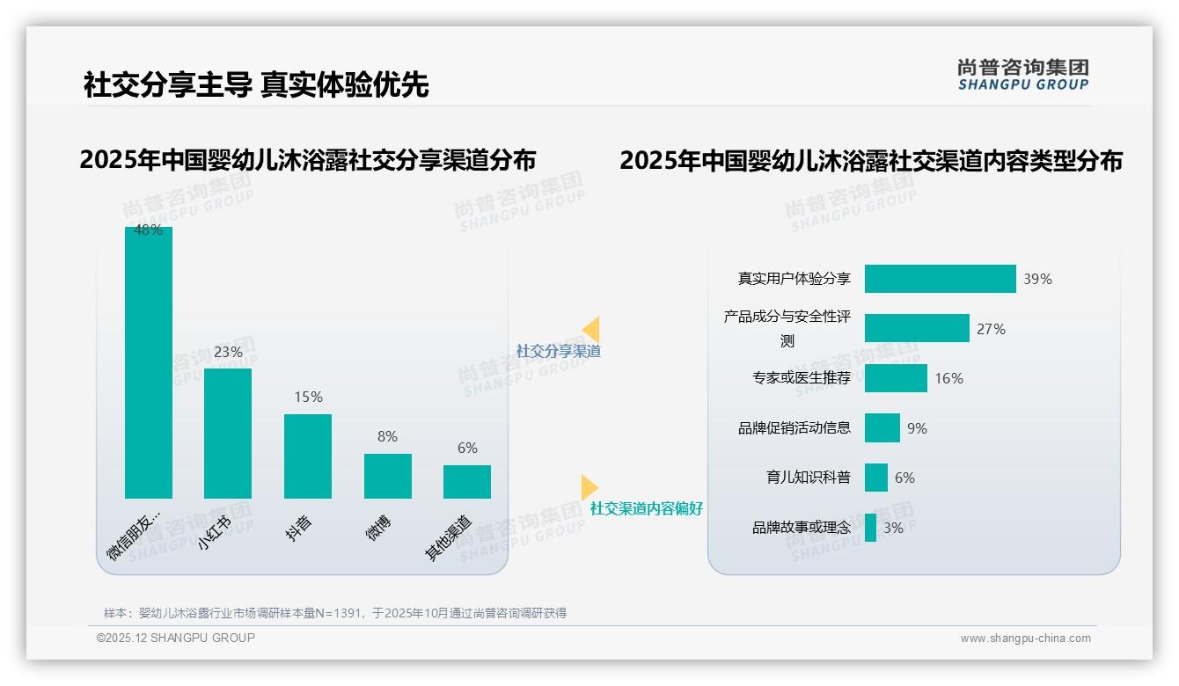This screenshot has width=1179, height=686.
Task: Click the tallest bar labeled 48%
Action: (x=149, y=362)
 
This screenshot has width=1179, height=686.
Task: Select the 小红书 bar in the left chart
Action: (x=228, y=434)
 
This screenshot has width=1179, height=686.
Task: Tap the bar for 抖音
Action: (x=308, y=456)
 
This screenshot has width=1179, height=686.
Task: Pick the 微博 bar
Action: (x=388, y=476)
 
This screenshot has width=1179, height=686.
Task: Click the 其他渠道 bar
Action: (x=467, y=482)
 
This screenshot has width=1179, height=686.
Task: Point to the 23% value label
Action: (x=228, y=352)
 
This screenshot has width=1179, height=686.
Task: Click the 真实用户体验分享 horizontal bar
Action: (x=940, y=279)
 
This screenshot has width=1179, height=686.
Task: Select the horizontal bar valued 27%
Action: (x=917, y=328)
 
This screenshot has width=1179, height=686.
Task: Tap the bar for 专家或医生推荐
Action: (x=896, y=378)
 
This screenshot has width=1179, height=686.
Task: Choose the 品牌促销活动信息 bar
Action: (x=882, y=428)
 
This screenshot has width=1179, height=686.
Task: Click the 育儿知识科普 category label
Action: (x=809, y=478)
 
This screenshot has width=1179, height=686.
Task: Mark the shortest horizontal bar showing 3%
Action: (x=870, y=528)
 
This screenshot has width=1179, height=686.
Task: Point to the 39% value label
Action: (x=1037, y=280)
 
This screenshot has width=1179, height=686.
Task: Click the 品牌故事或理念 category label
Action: (x=802, y=528)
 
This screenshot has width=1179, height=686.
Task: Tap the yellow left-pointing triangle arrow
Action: (x=591, y=329)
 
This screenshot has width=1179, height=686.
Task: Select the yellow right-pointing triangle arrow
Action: (x=589, y=487)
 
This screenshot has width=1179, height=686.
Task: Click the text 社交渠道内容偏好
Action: (x=647, y=508)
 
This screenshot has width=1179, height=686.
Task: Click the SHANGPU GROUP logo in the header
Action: (x=1023, y=75)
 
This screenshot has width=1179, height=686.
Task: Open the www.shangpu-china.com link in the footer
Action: (x=1025, y=639)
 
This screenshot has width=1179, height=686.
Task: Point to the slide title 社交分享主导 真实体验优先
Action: (x=256, y=85)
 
